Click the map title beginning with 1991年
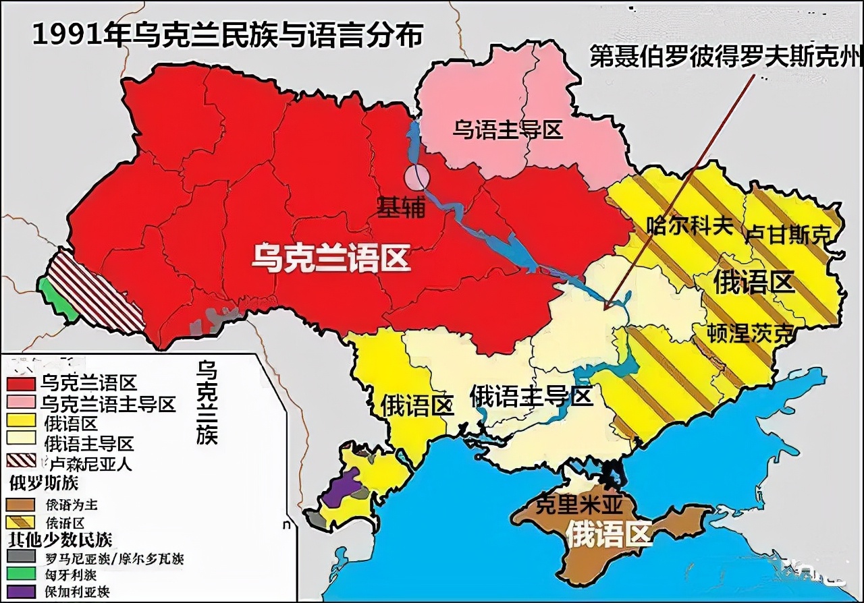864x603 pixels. (x=227, y=35)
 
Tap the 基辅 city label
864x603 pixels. (x=401, y=208)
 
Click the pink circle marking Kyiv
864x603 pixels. (x=416, y=177)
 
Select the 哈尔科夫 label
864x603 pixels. (x=689, y=225)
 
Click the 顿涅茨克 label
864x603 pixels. (x=749, y=333)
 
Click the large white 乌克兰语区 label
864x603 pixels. (x=331, y=258)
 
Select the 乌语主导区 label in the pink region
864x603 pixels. (x=508, y=130)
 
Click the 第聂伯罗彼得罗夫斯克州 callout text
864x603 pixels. (x=726, y=56)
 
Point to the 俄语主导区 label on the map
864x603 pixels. (x=531, y=395)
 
